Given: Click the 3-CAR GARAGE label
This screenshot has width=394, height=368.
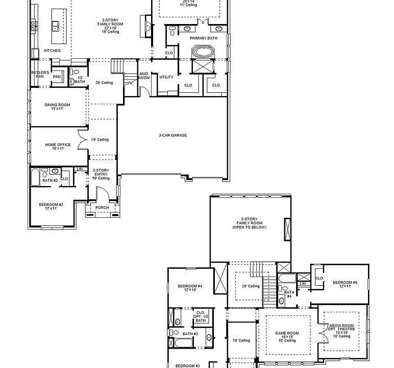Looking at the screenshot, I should tap(173, 135).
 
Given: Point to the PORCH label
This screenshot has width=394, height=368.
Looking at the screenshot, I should tap(102, 208).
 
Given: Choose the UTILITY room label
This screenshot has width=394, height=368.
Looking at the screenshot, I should tap(166, 77).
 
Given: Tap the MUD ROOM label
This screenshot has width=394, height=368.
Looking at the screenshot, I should tap(144, 76).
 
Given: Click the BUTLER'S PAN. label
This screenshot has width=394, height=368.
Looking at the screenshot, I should tap(40, 75).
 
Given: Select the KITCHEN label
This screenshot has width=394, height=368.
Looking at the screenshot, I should tap(52, 51).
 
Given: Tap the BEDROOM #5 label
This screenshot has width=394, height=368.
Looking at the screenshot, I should tap(345, 284).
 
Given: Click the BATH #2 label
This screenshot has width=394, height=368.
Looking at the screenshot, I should tap(50, 180).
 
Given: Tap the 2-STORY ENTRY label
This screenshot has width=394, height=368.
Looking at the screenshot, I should tap(101, 174).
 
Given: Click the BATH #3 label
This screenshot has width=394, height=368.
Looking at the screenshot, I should tap(190, 334).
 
